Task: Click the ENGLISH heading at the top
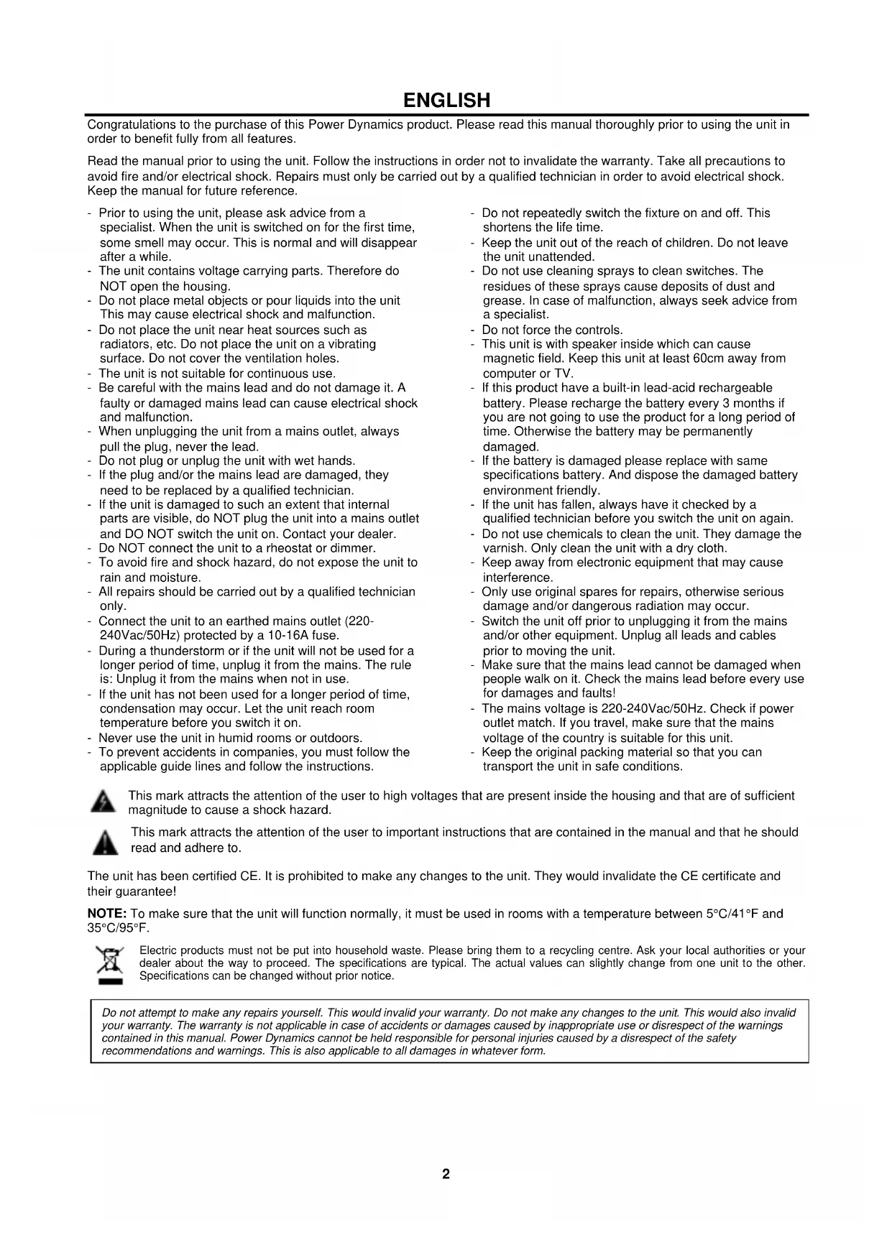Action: tap(446, 100)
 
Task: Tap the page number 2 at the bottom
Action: tap(446, 1174)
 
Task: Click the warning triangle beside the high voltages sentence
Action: tap(104, 802)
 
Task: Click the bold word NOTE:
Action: tap(107, 914)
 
